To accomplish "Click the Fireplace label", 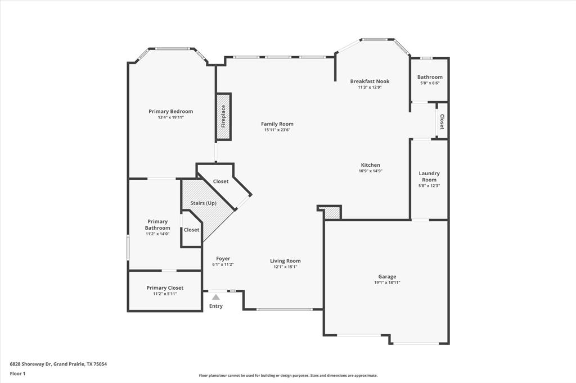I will pos(223,116).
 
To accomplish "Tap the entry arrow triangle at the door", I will pos(215,297).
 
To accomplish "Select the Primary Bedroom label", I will pos(170,111).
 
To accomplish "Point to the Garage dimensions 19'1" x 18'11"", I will pos(387,282).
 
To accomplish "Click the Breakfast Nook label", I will pos(370,81).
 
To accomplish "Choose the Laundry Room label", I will pos(429,176).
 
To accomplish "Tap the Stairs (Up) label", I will pos(204,203).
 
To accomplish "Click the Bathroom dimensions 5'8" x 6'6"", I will pos(430,83).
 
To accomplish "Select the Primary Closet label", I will pos(165,288).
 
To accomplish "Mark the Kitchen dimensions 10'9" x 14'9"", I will pos(370,171).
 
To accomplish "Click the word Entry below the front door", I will pos(216,306).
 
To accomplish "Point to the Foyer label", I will pos(223,258).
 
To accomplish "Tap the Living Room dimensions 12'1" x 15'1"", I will pos(285,267).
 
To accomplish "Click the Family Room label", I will pos(277,124).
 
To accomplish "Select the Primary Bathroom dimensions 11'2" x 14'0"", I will pos(157,234).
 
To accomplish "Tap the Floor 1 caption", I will pos(17,373).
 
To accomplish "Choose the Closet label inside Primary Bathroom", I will pos(191,230).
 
